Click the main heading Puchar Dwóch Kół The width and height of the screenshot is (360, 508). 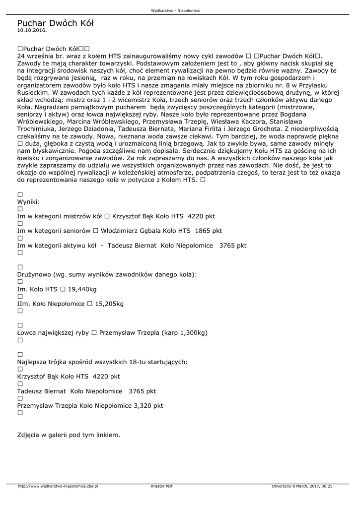click(x=55, y=23)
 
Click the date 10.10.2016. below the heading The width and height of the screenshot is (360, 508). click(x=32, y=30)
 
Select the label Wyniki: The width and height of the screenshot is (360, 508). click(x=28, y=202)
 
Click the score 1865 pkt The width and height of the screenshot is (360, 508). click(x=209, y=231)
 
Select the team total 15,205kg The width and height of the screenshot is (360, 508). click(x=109, y=303)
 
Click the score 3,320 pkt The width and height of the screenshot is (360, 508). click(x=148, y=405)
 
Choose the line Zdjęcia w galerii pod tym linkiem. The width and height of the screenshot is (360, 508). click(x=69, y=435)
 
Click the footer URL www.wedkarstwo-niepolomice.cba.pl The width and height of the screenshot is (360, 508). click(x=58, y=486)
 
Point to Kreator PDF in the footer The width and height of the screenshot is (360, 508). click(x=162, y=486)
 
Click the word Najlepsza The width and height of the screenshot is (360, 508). click(x=34, y=362)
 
